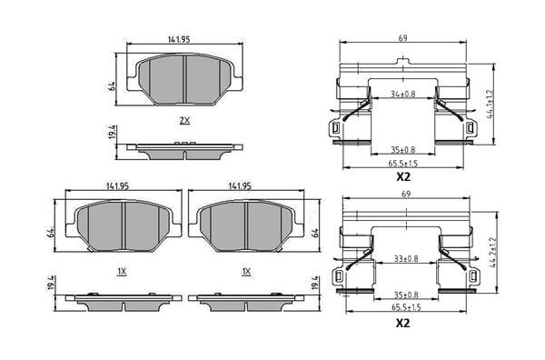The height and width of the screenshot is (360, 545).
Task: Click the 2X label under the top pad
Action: [184, 120]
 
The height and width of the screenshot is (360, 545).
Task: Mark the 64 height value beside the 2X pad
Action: [110, 86]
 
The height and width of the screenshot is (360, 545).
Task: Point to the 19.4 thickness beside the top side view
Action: [110, 136]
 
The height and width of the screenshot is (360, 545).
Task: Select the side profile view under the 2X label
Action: [185, 145]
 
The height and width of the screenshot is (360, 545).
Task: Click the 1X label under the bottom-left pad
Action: [122, 271]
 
